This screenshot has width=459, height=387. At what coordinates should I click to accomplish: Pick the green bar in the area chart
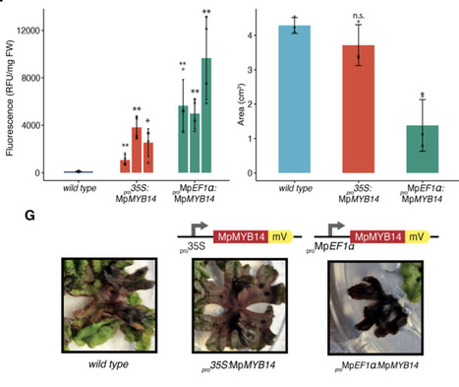coord(423,149)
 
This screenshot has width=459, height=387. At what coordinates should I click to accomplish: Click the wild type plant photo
coord(98,305)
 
